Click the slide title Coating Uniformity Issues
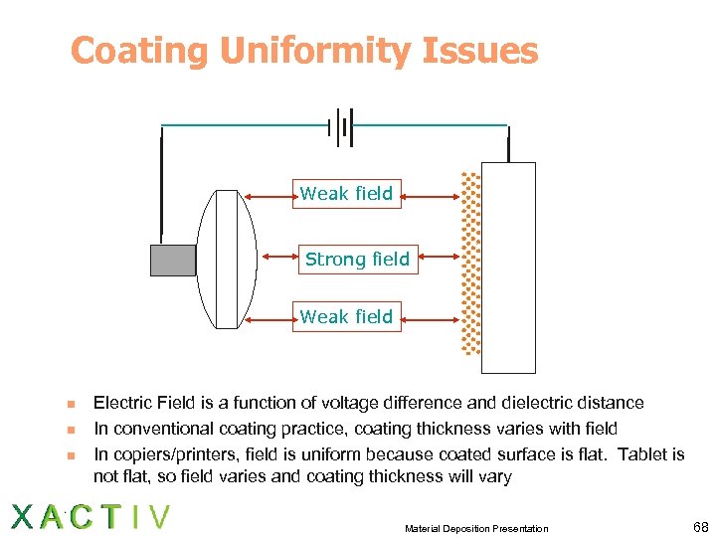tap(304, 51)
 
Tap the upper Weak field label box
tap(346, 193)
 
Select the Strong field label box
tap(357, 260)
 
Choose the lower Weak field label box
tap(346, 316)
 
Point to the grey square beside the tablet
tap(173, 260)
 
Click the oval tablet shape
tap(227, 260)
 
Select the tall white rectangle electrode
tap(508, 268)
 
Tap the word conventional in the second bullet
tap(162, 429)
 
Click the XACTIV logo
tap(89, 517)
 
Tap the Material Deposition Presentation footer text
tap(476, 528)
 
